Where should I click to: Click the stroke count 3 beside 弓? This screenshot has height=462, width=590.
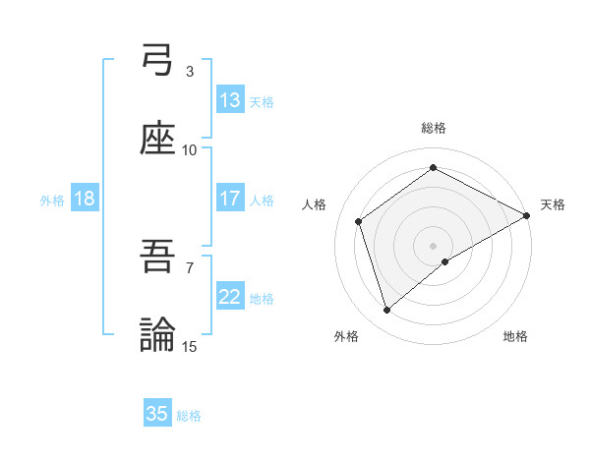(x=190, y=72)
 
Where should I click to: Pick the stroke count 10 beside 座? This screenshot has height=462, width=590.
(x=190, y=149)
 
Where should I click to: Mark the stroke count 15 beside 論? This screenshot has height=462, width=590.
(x=190, y=346)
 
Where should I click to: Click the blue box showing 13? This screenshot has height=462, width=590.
(x=230, y=100)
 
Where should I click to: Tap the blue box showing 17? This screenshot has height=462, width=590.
(x=230, y=199)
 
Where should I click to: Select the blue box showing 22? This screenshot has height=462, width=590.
(x=230, y=297)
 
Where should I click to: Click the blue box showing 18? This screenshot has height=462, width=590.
(x=85, y=199)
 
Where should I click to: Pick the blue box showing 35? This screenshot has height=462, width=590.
(x=157, y=414)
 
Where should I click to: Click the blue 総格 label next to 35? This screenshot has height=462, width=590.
(x=189, y=416)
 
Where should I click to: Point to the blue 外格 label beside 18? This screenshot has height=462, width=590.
(x=52, y=201)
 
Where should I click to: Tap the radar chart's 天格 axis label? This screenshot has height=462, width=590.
(x=553, y=204)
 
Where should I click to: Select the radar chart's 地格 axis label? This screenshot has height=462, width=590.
(x=515, y=336)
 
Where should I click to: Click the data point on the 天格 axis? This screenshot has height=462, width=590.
(x=527, y=215)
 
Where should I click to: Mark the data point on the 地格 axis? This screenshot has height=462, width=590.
(x=445, y=261)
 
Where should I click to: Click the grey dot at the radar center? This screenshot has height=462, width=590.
(x=434, y=245)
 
